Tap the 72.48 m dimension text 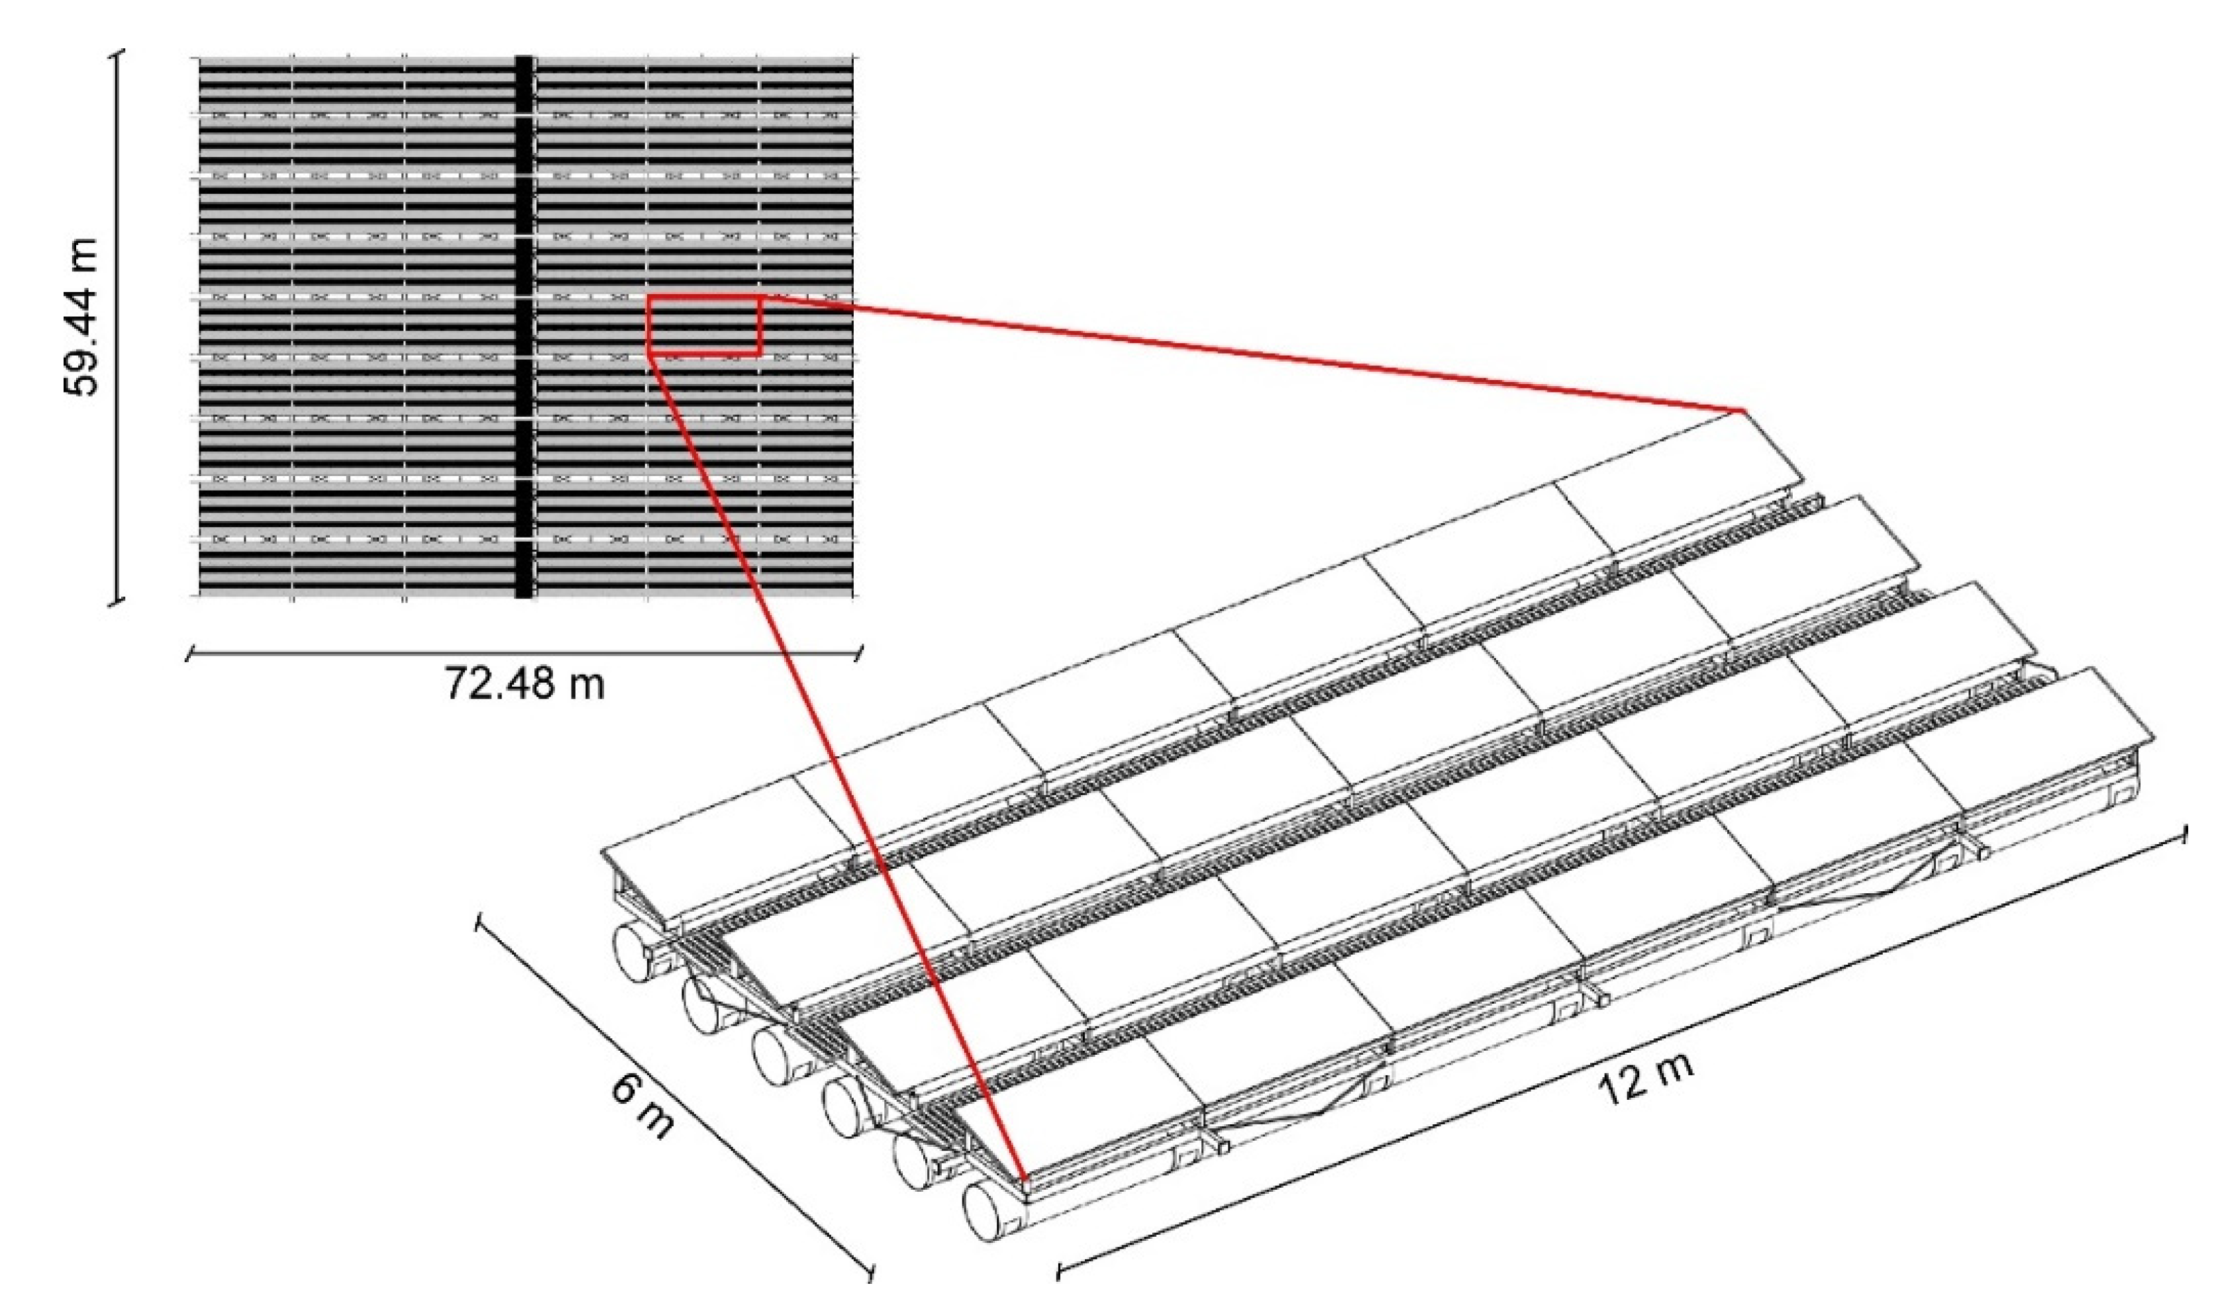[x=524, y=683]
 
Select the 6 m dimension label [x=643, y=1108]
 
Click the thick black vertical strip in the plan [x=524, y=327]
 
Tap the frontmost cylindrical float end [x=989, y=1212]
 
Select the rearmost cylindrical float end [x=638, y=953]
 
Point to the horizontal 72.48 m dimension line [x=525, y=654]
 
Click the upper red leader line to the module [x=1252, y=354]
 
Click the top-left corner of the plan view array [x=198, y=58]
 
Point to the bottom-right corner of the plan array [x=854, y=597]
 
